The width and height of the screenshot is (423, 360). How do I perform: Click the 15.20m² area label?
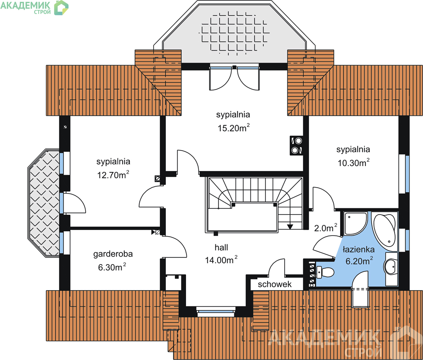[234, 128]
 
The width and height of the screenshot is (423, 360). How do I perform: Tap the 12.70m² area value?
[113, 175]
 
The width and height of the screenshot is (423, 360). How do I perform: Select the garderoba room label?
[113, 254]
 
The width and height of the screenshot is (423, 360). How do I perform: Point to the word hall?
[221, 247]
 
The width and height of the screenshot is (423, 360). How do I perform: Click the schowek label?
[275, 284]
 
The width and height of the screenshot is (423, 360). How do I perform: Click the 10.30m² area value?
[354, 162]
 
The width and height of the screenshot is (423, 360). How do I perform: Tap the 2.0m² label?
[326, 228]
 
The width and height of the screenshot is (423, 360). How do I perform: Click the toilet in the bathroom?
[326, 272]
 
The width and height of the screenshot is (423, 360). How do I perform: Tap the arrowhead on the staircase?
[290, 226]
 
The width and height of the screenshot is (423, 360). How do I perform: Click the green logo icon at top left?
[61, 8]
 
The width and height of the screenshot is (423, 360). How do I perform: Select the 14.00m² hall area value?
[221, 260]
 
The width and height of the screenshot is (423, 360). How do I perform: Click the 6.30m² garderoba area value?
[112, 267]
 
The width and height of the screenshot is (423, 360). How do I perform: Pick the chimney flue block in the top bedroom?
[296, 145]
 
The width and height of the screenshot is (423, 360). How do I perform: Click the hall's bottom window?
[216, 311]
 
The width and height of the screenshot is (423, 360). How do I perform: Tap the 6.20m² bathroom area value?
[359, 261]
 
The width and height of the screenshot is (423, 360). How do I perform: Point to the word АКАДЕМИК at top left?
[26, 5]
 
